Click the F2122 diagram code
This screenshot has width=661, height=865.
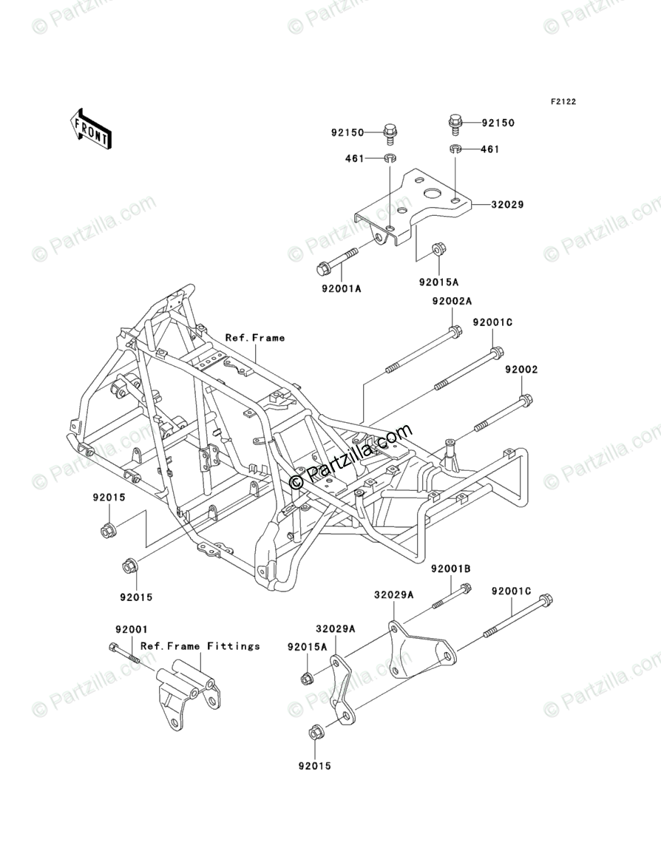pyautogui.click(x=562, y=102)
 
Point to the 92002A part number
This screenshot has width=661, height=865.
pyautogui.click(x=452, y=301)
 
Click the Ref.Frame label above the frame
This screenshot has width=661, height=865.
pyautogui.click(x=255, y=338)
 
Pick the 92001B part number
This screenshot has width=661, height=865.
pyautogui.click(x=452, y=569)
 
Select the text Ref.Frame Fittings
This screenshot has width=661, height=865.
pyautogui.click(x=200, y=646)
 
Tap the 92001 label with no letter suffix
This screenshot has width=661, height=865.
pyautogui.click(x=132, y=629)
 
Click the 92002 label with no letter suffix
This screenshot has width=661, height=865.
pyautogui.click(x=521, y=369)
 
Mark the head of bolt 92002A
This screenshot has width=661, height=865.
pyautogui.click(x=455, y=331)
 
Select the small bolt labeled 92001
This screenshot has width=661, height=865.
pyautogui.click(x=123, y=652)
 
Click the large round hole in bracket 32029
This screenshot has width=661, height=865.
pyautogui.click(x=431, y=194)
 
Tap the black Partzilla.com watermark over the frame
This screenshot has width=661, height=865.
pyautogui.click(x=352, y=458)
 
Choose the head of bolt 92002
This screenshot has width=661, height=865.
pyautogui.click(x=525, y=401)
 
